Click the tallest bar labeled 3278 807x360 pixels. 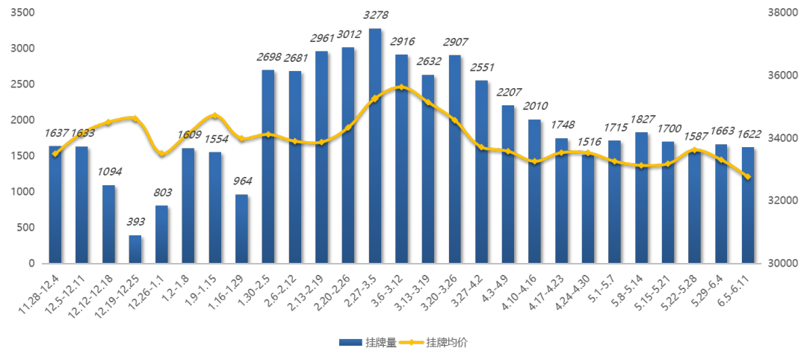375,146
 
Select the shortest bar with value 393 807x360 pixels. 135,249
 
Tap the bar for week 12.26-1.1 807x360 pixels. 161,235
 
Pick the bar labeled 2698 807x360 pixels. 268,167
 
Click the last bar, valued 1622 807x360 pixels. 748,205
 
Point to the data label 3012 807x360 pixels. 348,34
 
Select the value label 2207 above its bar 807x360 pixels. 508,92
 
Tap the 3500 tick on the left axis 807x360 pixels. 25,13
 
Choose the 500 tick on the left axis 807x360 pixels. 28,228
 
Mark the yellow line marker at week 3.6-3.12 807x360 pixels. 401,87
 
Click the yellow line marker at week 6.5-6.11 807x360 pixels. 748,176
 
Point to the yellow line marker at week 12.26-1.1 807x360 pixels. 161,153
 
